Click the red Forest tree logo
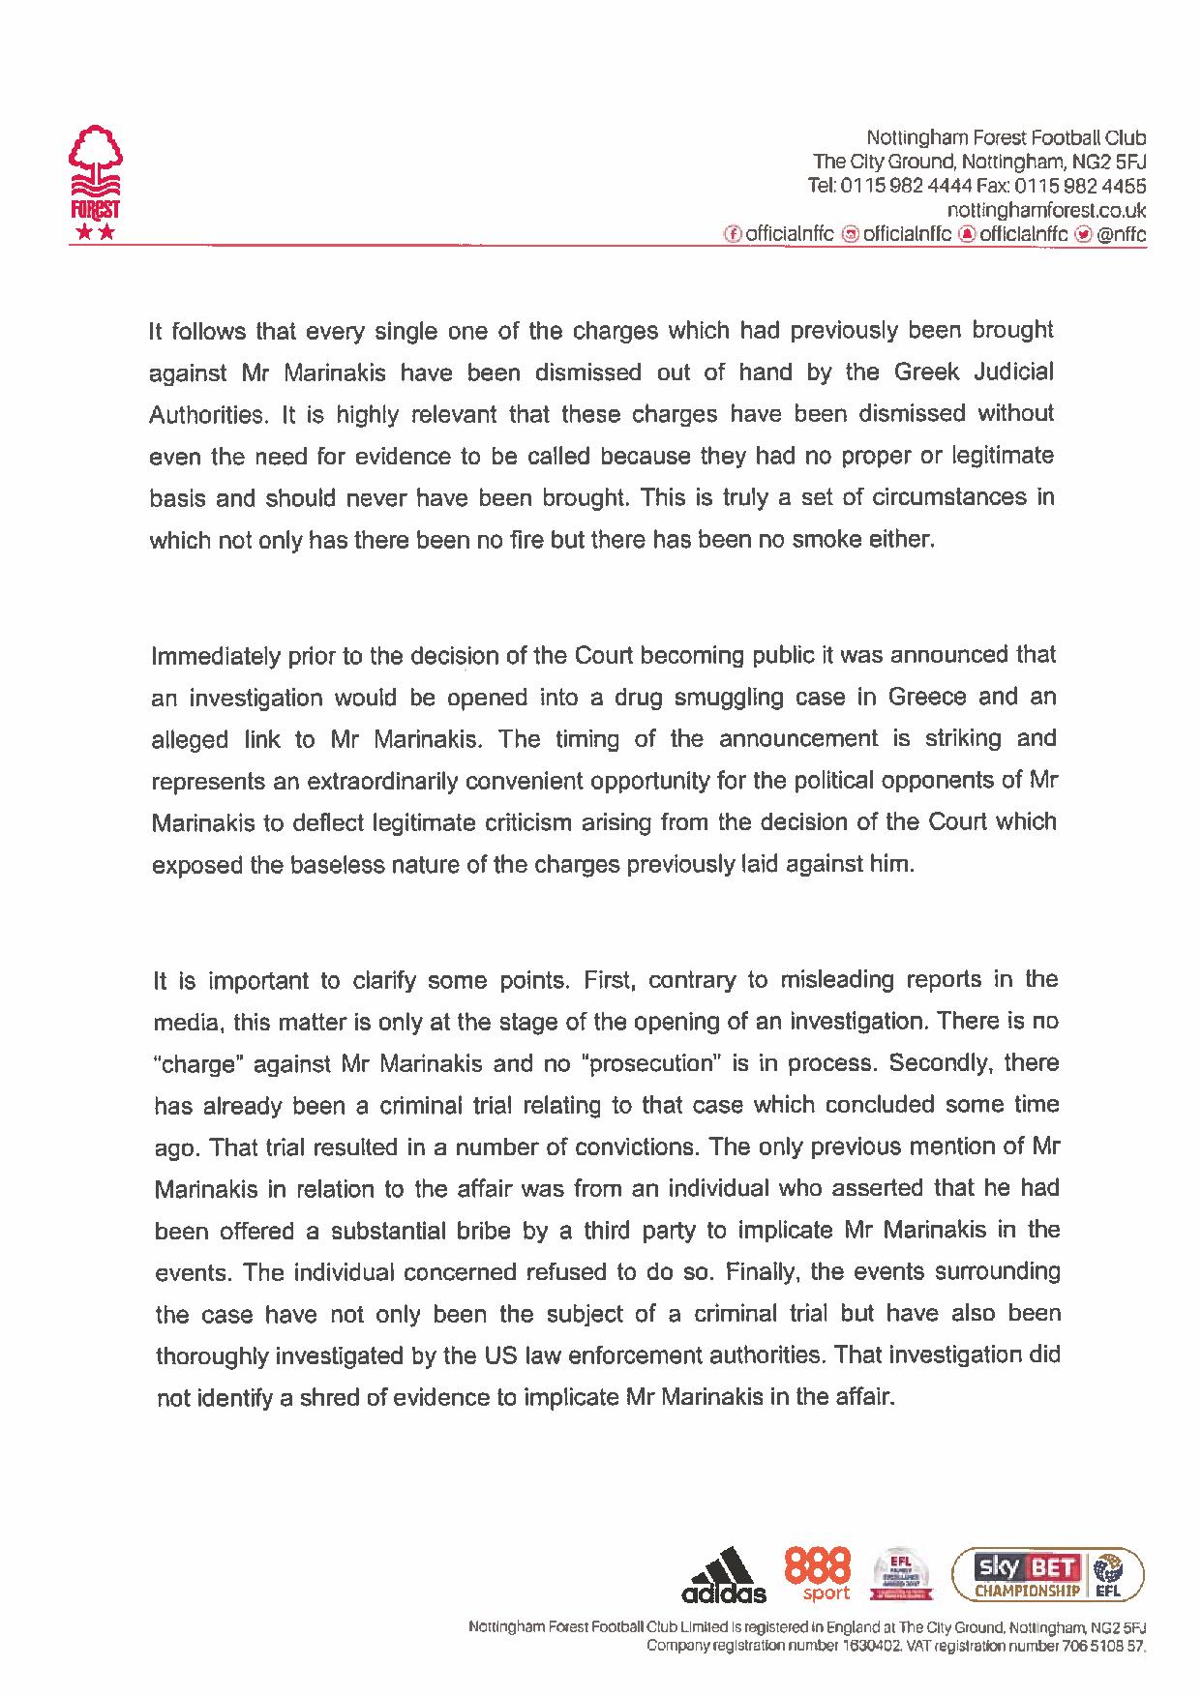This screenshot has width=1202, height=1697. pyautogui.click(x=94, y=180)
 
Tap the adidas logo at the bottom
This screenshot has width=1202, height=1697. pyautogui.click(x=724, y=1574)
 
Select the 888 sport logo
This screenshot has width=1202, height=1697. pyautogui.click(x=819, y=1574)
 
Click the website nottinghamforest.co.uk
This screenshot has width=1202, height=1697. pyautogui.click(x=1046, y=209)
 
